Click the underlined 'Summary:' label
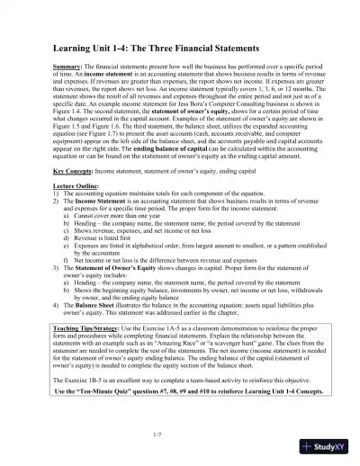point(67,67)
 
